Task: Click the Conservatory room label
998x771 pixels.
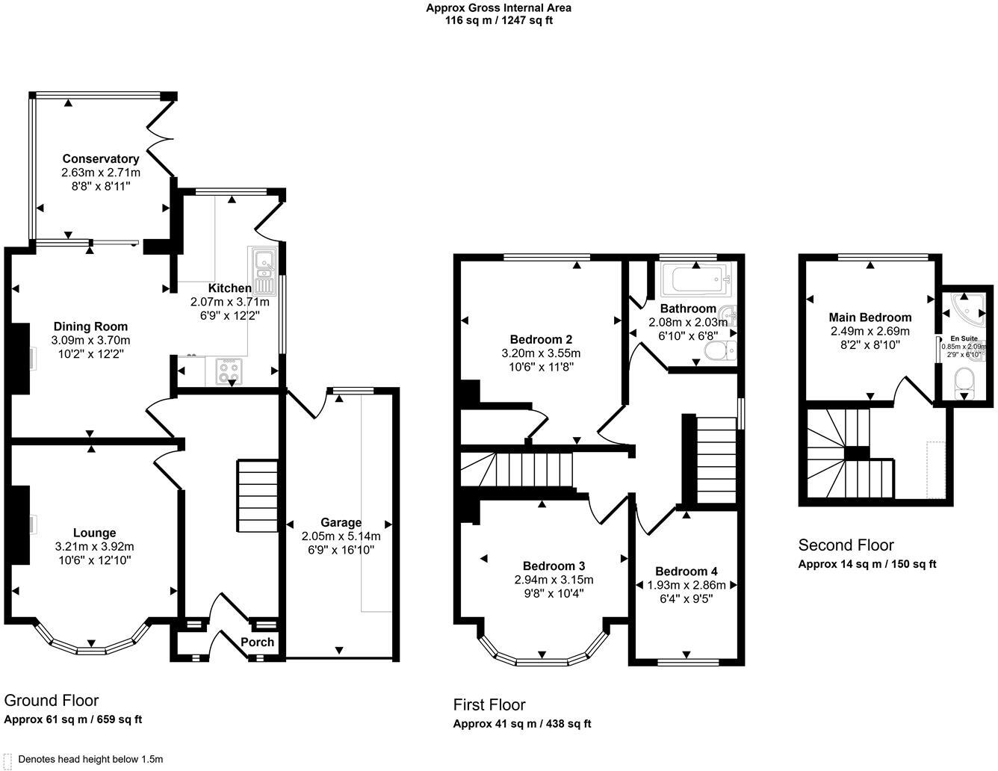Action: point(100,158)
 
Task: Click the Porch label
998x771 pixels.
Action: point(258,642)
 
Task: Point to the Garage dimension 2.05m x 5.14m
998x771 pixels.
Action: point(341,536)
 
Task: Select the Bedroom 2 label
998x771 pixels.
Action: point(541,338)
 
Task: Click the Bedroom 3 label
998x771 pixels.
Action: point(554,566)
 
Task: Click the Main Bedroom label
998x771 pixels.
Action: point(870,317)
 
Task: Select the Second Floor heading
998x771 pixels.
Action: point(846,545)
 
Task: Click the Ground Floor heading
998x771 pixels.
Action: point(52,700)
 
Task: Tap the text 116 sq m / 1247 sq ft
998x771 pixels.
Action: point(498,20)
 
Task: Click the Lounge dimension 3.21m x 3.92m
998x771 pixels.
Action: point(94,546)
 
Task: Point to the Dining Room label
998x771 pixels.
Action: point(90,326)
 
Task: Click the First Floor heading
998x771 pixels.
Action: point(489,705)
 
